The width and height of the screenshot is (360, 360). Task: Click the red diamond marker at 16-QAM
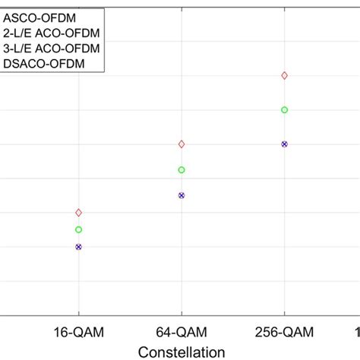coord(79,213)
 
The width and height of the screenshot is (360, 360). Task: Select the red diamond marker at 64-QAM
coord(182,144)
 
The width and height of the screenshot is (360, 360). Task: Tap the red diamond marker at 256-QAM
coord(284,75)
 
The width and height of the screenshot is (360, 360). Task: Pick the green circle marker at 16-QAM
coord(79,229)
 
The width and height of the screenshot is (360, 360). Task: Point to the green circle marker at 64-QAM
coord(182,170)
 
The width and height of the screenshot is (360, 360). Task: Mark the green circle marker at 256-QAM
coord(284,110)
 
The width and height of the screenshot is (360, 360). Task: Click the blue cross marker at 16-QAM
coord(79,247)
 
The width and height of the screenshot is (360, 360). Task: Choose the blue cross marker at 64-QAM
coord(182,195)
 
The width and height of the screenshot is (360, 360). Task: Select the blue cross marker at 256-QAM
coord(284,144)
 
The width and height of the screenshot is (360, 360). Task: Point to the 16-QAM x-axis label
coord(79,332)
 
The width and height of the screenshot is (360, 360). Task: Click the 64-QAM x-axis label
coord(182,332)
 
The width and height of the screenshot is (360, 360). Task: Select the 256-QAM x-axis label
coord(284,332)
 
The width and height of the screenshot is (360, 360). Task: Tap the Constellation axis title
coord(182,352)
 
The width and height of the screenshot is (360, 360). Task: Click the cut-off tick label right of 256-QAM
coord(356,332)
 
